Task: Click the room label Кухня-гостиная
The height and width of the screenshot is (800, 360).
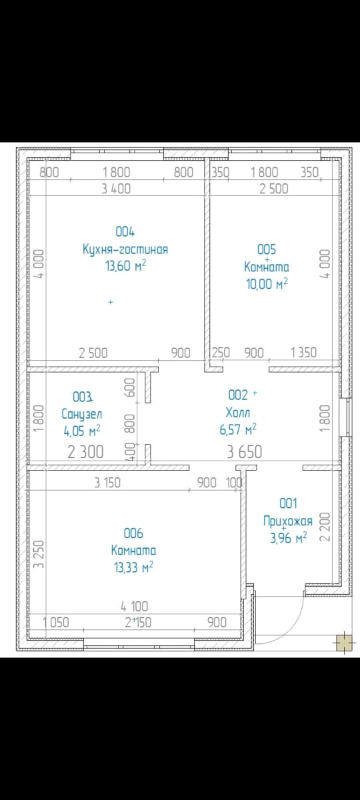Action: [x=125, y=249]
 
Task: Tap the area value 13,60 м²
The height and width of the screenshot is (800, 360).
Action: [x=126, y=266]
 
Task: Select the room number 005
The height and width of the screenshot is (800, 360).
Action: [x=267, y=249]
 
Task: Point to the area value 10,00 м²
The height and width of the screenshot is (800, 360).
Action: [x=267, y=284]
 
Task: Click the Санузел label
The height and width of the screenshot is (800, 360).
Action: [x=82, y=414]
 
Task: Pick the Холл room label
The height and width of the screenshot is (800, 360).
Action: [x=238, y=413]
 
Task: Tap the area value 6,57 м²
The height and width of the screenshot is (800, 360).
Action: [x=238, y=429]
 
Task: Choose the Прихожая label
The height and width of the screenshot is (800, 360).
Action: [x=288, y=521]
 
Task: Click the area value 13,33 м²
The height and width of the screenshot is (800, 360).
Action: [x=133, y=567]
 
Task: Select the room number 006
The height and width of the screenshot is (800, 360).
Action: [x=133, y=533]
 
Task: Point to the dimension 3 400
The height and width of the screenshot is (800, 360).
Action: [x=117, y=189]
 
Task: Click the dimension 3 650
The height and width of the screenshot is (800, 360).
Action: [x=245, y=452]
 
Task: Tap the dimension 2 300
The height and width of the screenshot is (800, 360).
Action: [x=86, y=452]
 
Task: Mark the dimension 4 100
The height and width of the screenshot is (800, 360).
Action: [x=134, y=606]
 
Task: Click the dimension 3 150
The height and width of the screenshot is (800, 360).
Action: [x=107, y=483]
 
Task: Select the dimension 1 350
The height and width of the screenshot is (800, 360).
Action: [x=303, y=353]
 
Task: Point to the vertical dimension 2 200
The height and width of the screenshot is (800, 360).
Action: [x=325, y=527]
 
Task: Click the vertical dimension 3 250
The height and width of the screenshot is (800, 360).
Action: [x=38, y=553]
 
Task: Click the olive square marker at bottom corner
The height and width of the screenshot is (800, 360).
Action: [x=344, y=643]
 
